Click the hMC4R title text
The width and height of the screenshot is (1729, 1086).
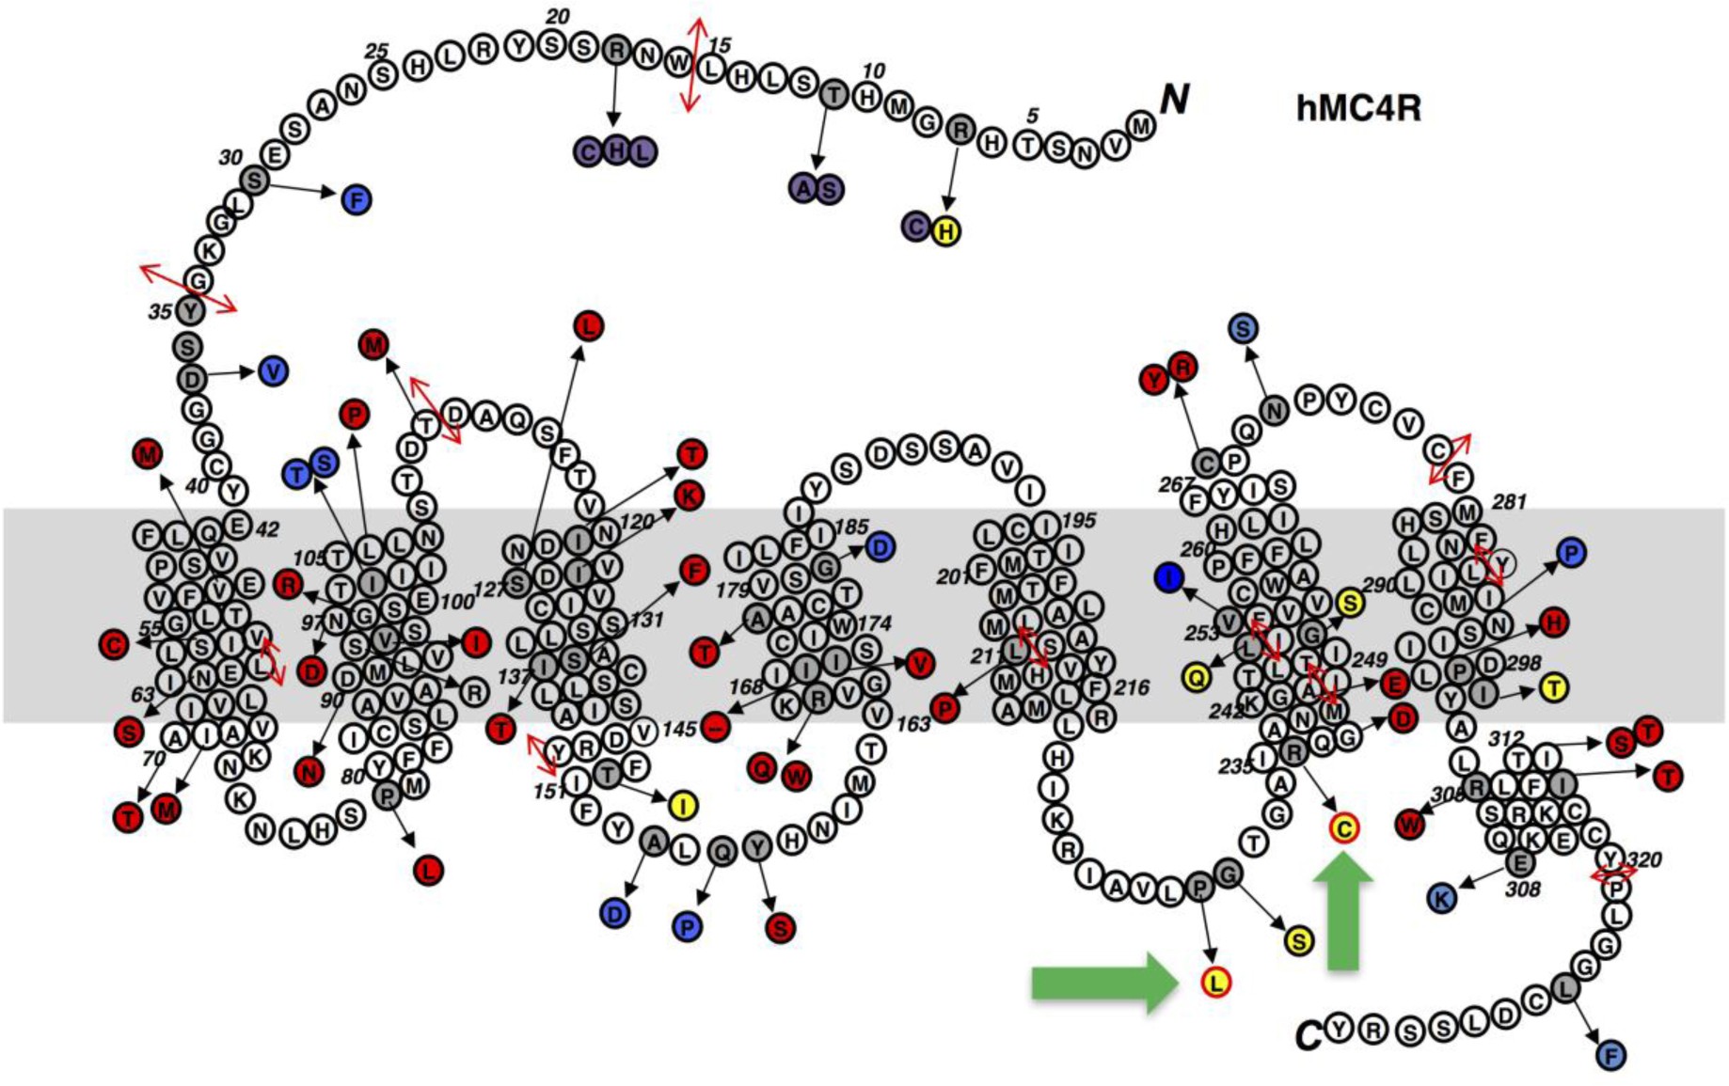[x=1357, y=108]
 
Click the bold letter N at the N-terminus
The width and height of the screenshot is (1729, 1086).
[x=1174, y=98]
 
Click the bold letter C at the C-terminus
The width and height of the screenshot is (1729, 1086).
[x=1308, y=1035]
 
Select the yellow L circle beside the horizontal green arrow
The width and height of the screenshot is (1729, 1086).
[x=1215, y=983]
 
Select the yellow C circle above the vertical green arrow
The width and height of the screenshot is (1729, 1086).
[x=1343, y=828]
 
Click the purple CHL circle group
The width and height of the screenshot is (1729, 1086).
[x=615, y=150]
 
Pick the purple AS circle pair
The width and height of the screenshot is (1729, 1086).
[x=816, y=189]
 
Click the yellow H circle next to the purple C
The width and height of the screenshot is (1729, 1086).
[x=946, y=230]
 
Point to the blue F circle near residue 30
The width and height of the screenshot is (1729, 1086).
[x=357, y=199]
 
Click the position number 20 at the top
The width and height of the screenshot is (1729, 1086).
[x=558, y=16]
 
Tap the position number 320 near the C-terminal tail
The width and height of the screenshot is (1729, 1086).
[x=1644, y=859]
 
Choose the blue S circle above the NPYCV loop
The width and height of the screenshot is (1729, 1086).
[x=1244, y=328]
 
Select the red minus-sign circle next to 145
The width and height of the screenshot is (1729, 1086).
[x=716, y=726]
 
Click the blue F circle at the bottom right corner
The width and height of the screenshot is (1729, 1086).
[x=1610, y=1056]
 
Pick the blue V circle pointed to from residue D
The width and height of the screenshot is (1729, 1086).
[x=273, y=371]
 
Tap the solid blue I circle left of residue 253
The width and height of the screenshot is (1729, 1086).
[x=1168, y=577]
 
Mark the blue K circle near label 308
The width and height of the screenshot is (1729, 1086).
[x=1441, y=898]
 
